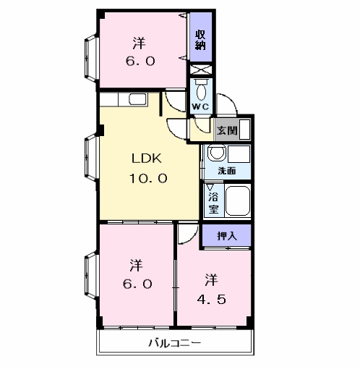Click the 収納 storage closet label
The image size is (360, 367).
coord(200,40)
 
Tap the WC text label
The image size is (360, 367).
coord(200,106)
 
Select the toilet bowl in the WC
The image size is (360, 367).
coord(202,91)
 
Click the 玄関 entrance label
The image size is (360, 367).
coord(227,130)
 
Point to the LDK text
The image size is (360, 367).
coord(146,159)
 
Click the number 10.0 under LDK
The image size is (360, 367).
coord(148,179)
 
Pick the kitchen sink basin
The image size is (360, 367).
coord(137,99)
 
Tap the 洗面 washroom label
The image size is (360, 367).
coord(226,171)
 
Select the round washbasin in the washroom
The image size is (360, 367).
coord(217,152)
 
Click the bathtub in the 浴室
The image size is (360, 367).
coord(238,201)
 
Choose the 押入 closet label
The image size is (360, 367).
coord(227,236)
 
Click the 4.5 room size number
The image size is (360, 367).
coord(212,300)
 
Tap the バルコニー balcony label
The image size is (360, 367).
coord(174,342)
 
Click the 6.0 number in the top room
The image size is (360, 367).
coord(140,61)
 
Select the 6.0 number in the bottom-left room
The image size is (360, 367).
coord(137,284)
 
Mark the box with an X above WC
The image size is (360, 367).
coord(201,69)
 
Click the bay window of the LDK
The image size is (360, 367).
coord(91,158)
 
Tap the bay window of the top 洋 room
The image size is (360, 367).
coord(91,58)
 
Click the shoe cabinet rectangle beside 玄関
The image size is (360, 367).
coord(245,130)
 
